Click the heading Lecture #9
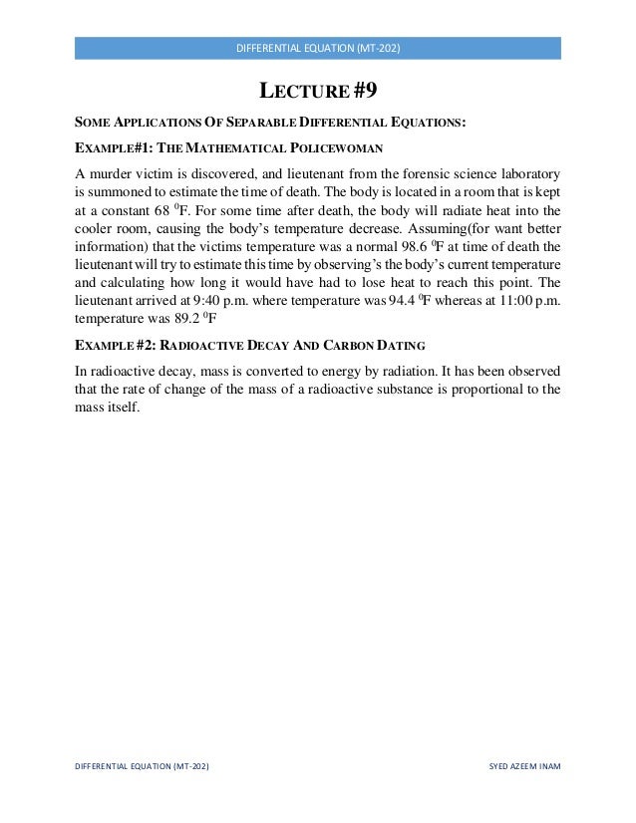pyautogui.click(x=317, y=93)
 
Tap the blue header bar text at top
pyautogui.click(x=317, y=49)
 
